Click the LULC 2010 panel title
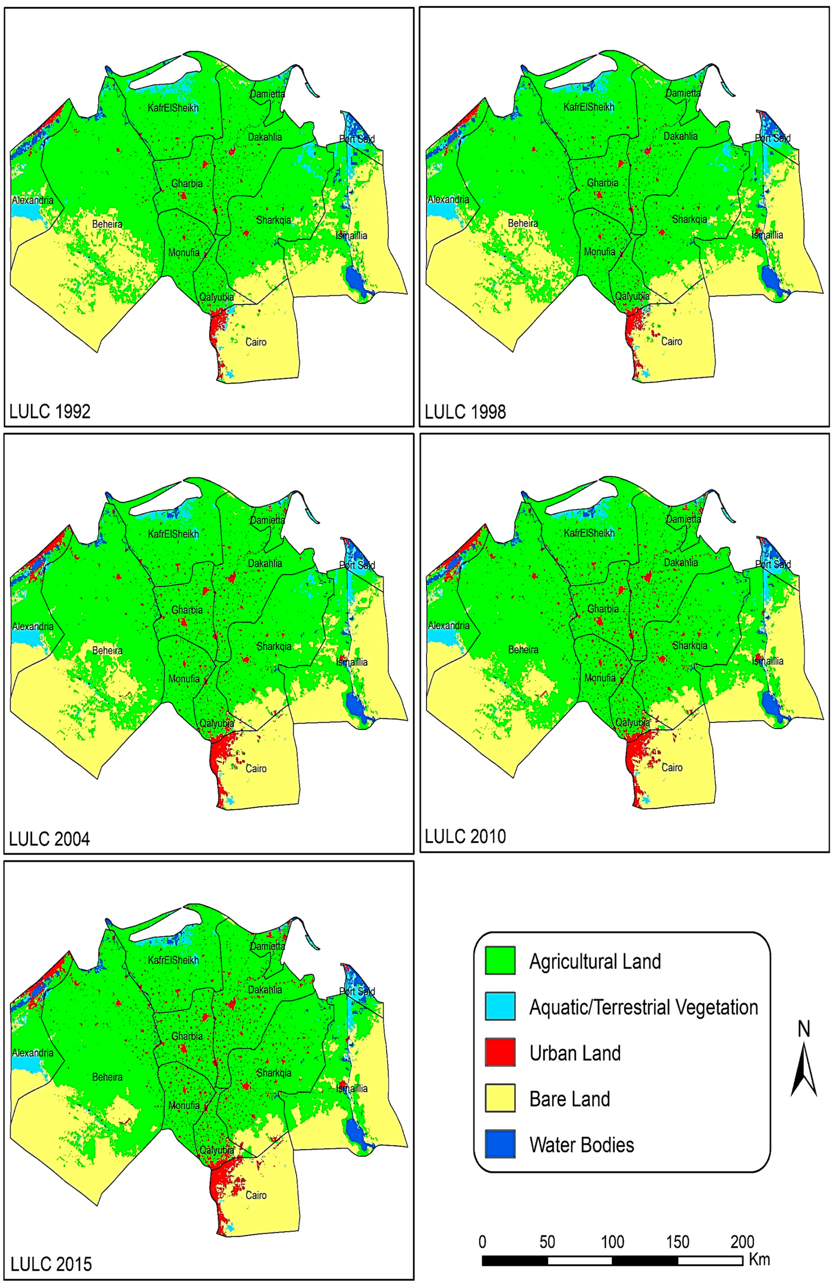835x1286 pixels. (465, 836)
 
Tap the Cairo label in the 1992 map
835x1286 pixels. (256, 342)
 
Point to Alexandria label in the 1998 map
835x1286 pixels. (449, 199)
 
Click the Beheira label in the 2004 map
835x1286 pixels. (107, 651)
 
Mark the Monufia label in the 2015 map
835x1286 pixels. (184, 1105)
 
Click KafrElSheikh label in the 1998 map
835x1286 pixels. (589, 107)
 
